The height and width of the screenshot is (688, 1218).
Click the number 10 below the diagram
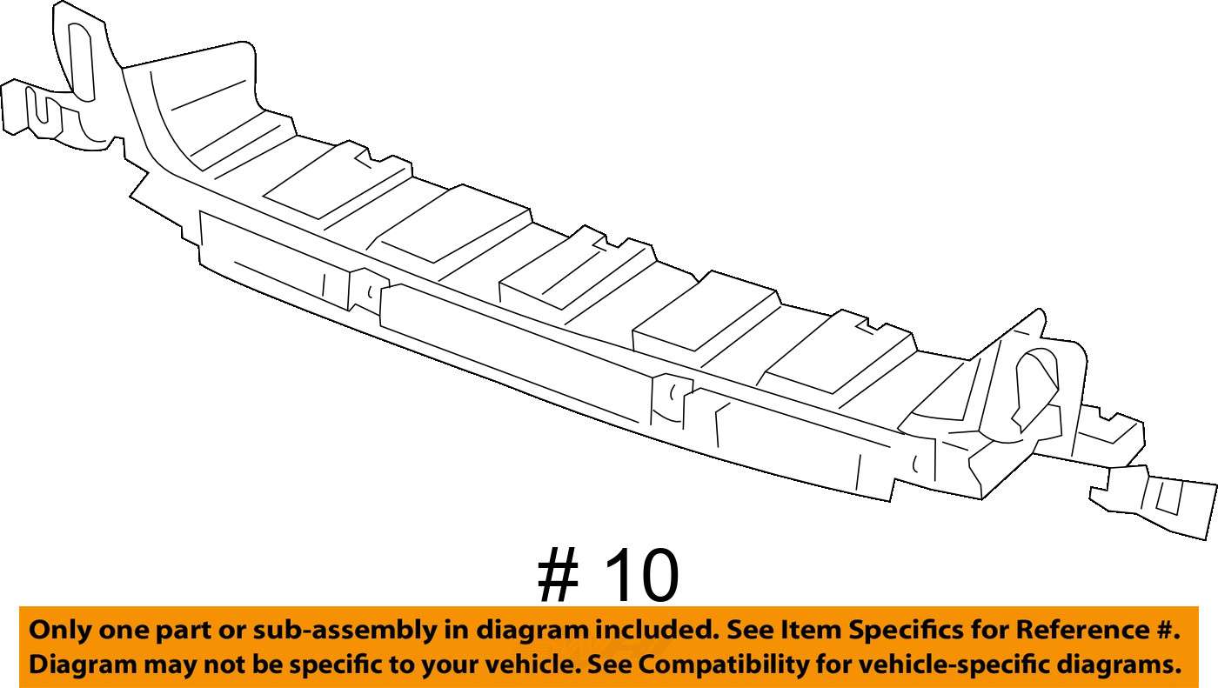coord(641,575)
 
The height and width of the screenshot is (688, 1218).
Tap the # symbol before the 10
coord(558,575)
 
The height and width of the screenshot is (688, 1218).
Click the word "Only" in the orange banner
coord(60,631)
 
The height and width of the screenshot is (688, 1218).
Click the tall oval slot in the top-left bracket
coord(82,62)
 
